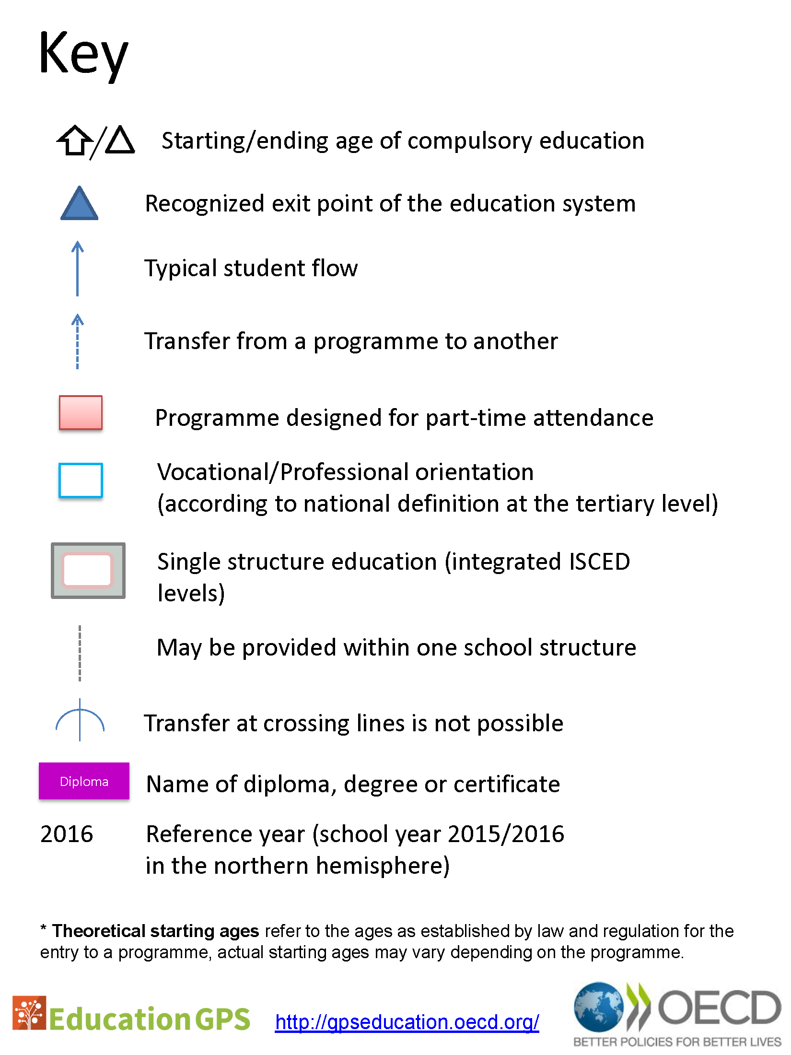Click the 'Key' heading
(x=83, y=54)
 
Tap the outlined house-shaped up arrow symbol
(x=75, y=141)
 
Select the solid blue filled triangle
(x=80, y=204)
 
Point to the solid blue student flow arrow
(x=78, y=269)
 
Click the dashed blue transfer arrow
(x=78, y=341)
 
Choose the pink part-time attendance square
(x=81, y=413)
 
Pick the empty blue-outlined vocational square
(x=81, y=481)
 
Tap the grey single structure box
(x=88, y=571)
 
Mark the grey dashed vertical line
(x=80, y=653)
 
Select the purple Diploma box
(x=84, y=781)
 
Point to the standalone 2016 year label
(x=67, y=834)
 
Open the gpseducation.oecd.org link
(x=407, y=1022)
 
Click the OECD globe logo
(x=599, y=1007)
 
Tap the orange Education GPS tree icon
(x=29, y=1013)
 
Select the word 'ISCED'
(x=599, y=562)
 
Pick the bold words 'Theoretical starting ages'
(x=155, y=931)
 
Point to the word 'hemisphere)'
(x=383, y=866)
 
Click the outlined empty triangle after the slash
(x=120, y=141)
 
